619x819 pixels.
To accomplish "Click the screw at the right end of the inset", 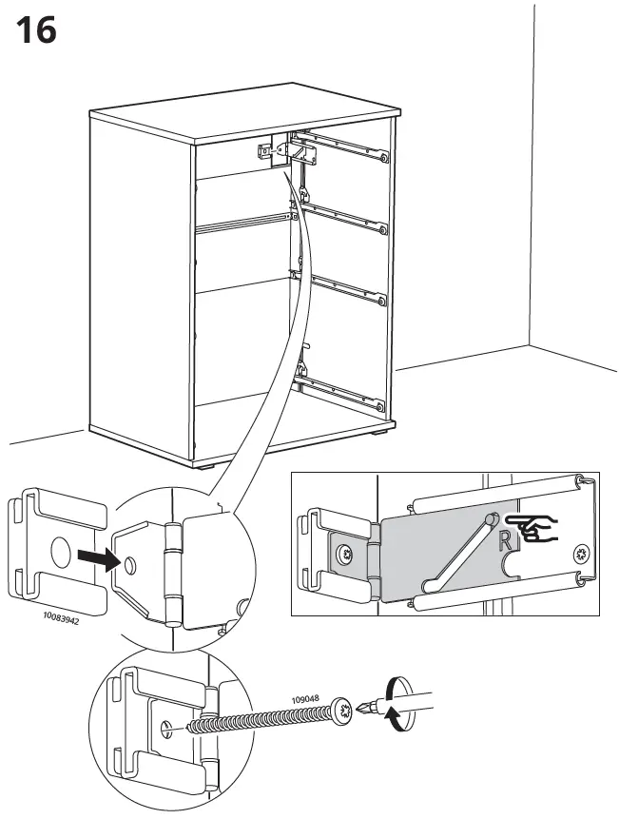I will [x=581, y=553].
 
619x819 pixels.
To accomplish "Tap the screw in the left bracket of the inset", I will [x=342, y=553].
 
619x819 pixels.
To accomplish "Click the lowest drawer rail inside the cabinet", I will [x=343, y=387].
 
